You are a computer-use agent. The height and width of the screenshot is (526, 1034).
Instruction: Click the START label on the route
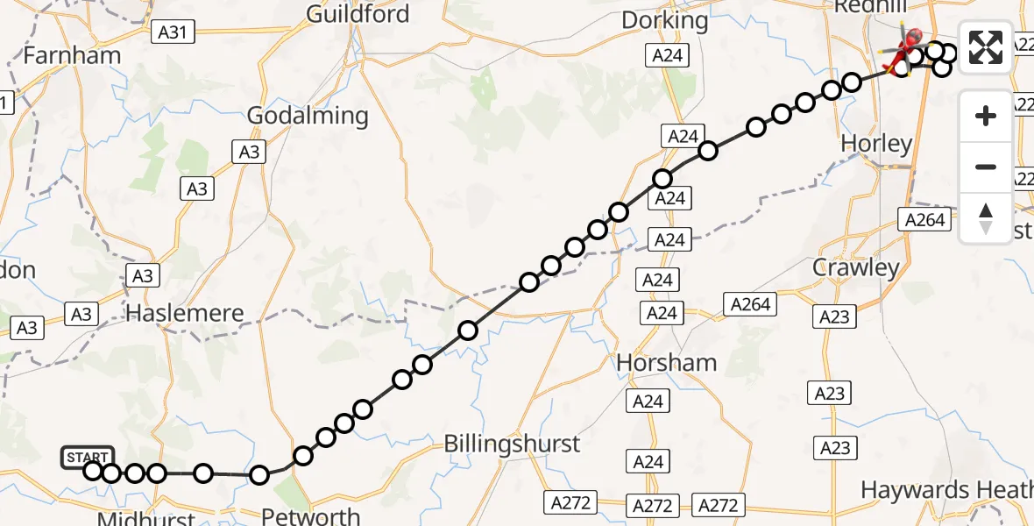(88, 457)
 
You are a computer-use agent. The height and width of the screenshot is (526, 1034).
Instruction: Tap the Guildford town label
(358, 14)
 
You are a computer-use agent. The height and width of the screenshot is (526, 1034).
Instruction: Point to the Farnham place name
(72, 55)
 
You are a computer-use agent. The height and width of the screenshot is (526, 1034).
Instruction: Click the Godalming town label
(308, 116)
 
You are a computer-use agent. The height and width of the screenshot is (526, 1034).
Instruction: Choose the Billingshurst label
(512, 444)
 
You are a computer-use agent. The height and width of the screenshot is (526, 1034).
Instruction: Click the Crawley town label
(856, 267)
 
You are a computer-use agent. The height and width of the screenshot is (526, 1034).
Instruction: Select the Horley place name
(875, 144)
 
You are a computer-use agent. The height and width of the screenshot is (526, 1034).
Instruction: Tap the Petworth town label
(311, 515)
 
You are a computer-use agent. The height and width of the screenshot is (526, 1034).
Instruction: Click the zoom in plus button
(986, 116)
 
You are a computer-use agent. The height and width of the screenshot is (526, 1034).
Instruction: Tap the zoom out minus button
(986, 167)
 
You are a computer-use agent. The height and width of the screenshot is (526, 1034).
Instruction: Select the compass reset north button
(986, 218)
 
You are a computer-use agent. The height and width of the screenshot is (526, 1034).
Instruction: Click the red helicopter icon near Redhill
(909, 42)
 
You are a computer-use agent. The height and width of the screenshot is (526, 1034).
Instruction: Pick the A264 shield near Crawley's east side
(925, 219)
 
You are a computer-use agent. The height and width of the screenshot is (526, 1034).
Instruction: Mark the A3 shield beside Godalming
(249, 153)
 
